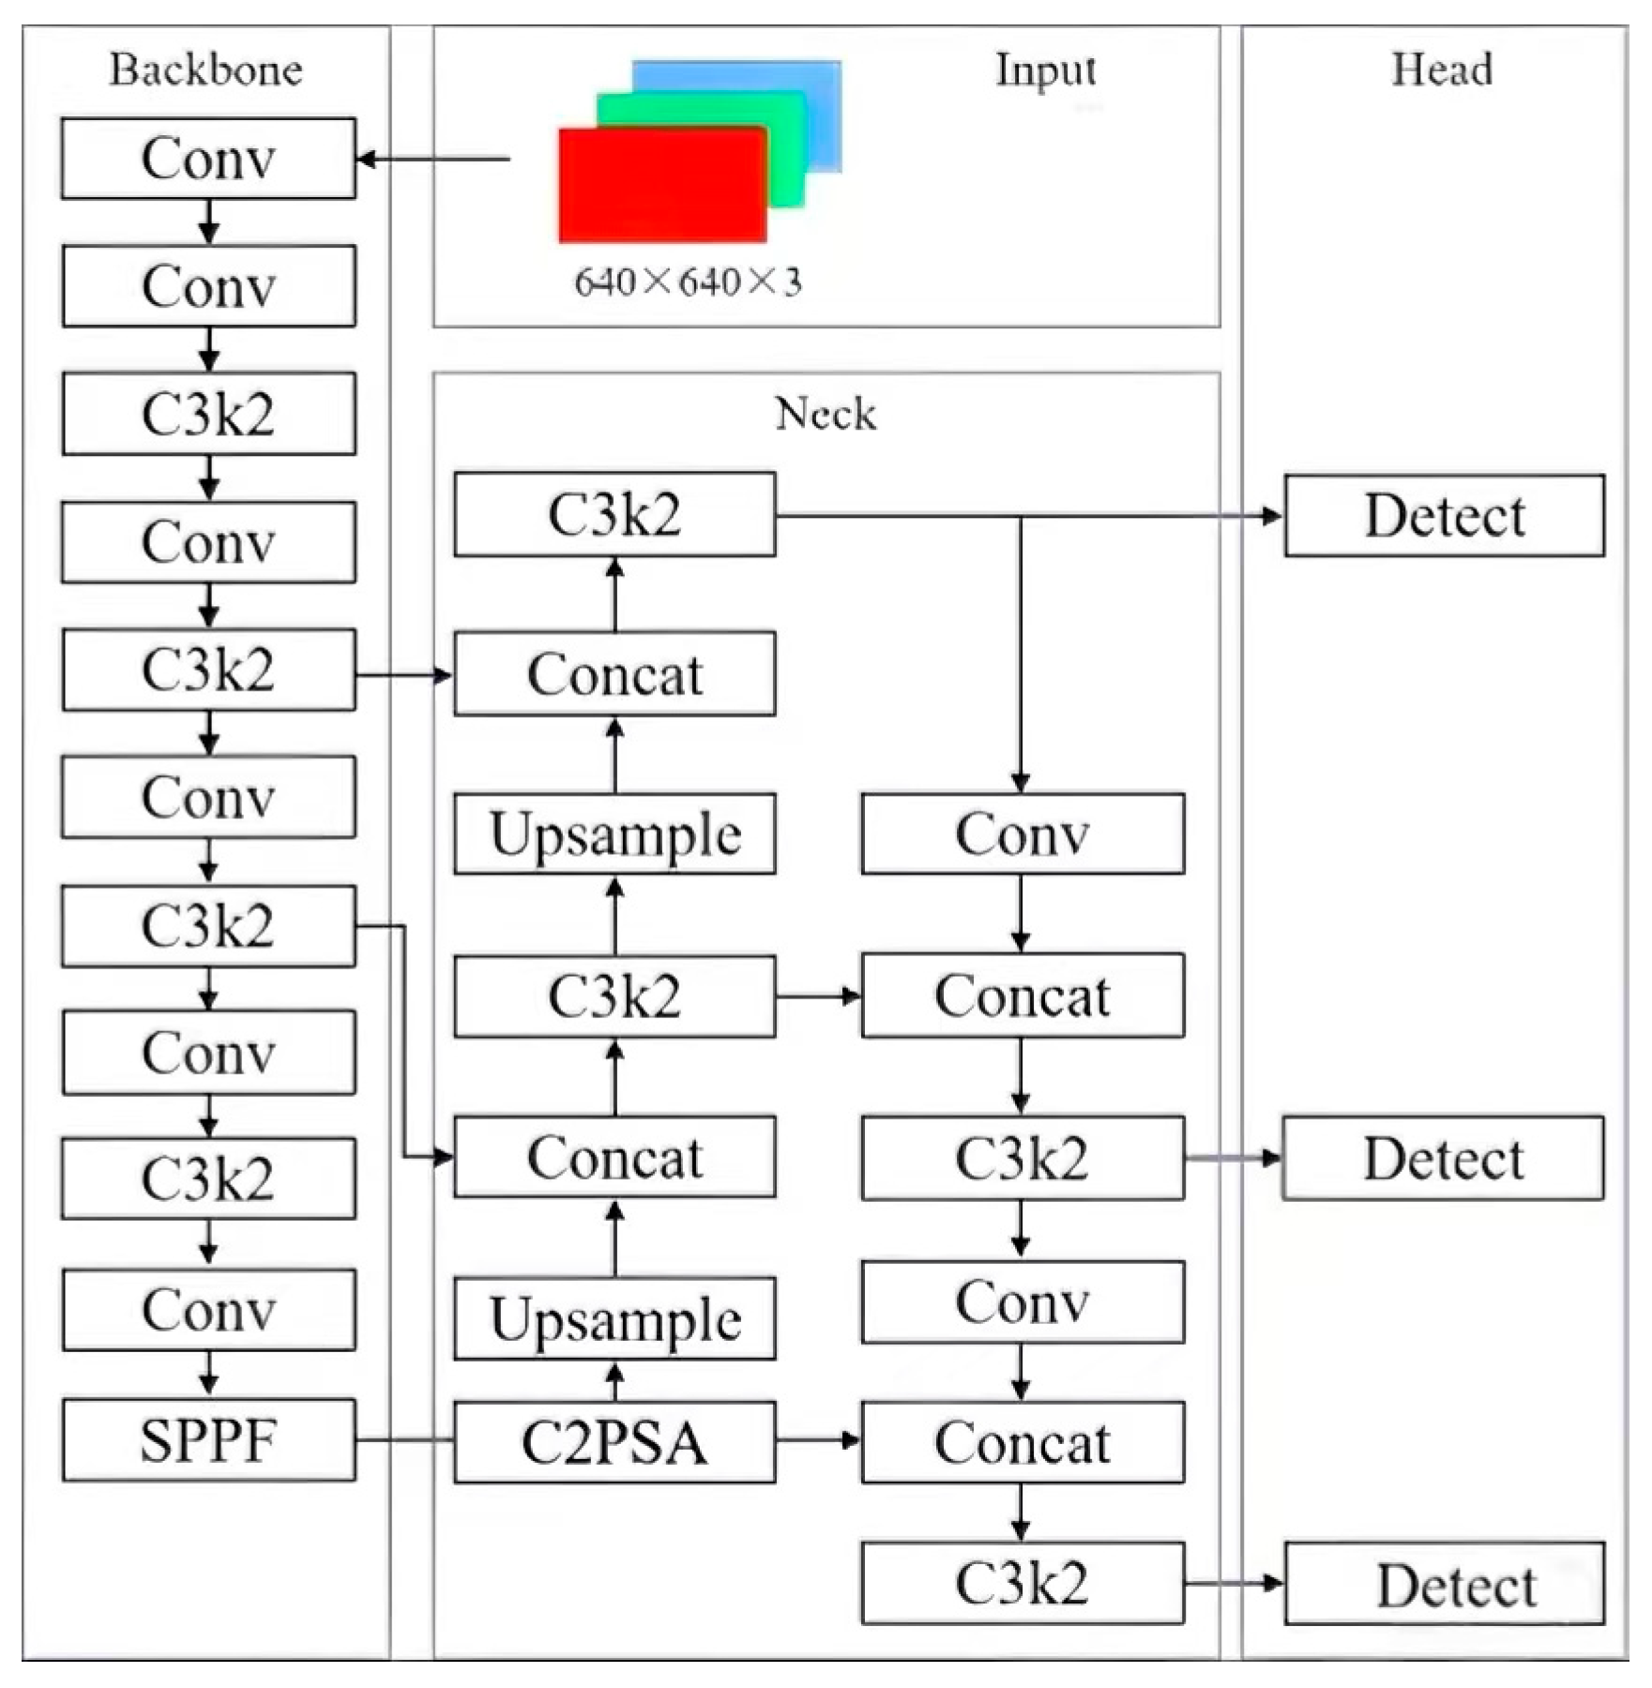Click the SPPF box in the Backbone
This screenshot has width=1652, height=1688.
tap(208, 1440)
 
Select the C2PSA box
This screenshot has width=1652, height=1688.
tap(614, 1442)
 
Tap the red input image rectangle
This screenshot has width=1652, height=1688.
tap(661, 186)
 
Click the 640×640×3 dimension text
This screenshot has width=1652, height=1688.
tap(688, 282)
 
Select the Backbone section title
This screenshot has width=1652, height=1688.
tap(205, 70)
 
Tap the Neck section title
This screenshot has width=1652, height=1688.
tap(826, 414)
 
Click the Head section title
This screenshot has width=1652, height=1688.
tap(1442, 70)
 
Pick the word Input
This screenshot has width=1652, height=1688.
tap(1045, 70)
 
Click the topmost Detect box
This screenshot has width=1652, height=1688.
tap(1444, 515)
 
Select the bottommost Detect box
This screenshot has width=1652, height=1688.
tap(1444, 1586)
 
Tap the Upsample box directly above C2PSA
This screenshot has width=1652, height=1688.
tap(614, 1318)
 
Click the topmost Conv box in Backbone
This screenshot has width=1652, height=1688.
tap(208, 158)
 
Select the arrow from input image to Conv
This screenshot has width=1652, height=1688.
tap(433, 159)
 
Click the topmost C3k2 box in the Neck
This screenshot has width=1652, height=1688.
tap(614, 514)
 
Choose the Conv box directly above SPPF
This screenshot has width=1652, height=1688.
tap(208, 1310)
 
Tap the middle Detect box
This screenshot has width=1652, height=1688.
tap(1443, 1158)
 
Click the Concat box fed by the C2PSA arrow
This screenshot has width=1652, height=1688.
tap(1023, 1442)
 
